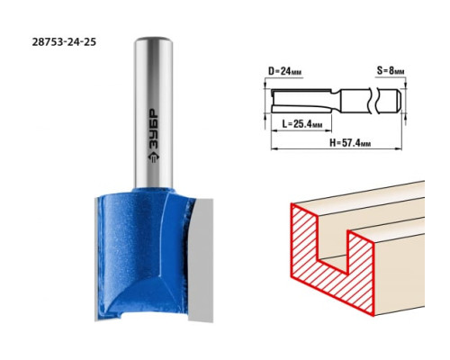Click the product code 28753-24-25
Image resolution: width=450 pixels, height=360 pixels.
(x=64, y=42)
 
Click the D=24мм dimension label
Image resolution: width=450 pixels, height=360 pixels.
(x=284, y=71)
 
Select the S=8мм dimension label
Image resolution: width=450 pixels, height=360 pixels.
(x=391, y=71)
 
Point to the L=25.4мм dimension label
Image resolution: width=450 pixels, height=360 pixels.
(x=302, y=123)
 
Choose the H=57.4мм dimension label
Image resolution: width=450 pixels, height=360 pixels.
(x=350, y=143)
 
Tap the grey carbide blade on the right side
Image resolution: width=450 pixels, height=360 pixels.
(x=201, y=259)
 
